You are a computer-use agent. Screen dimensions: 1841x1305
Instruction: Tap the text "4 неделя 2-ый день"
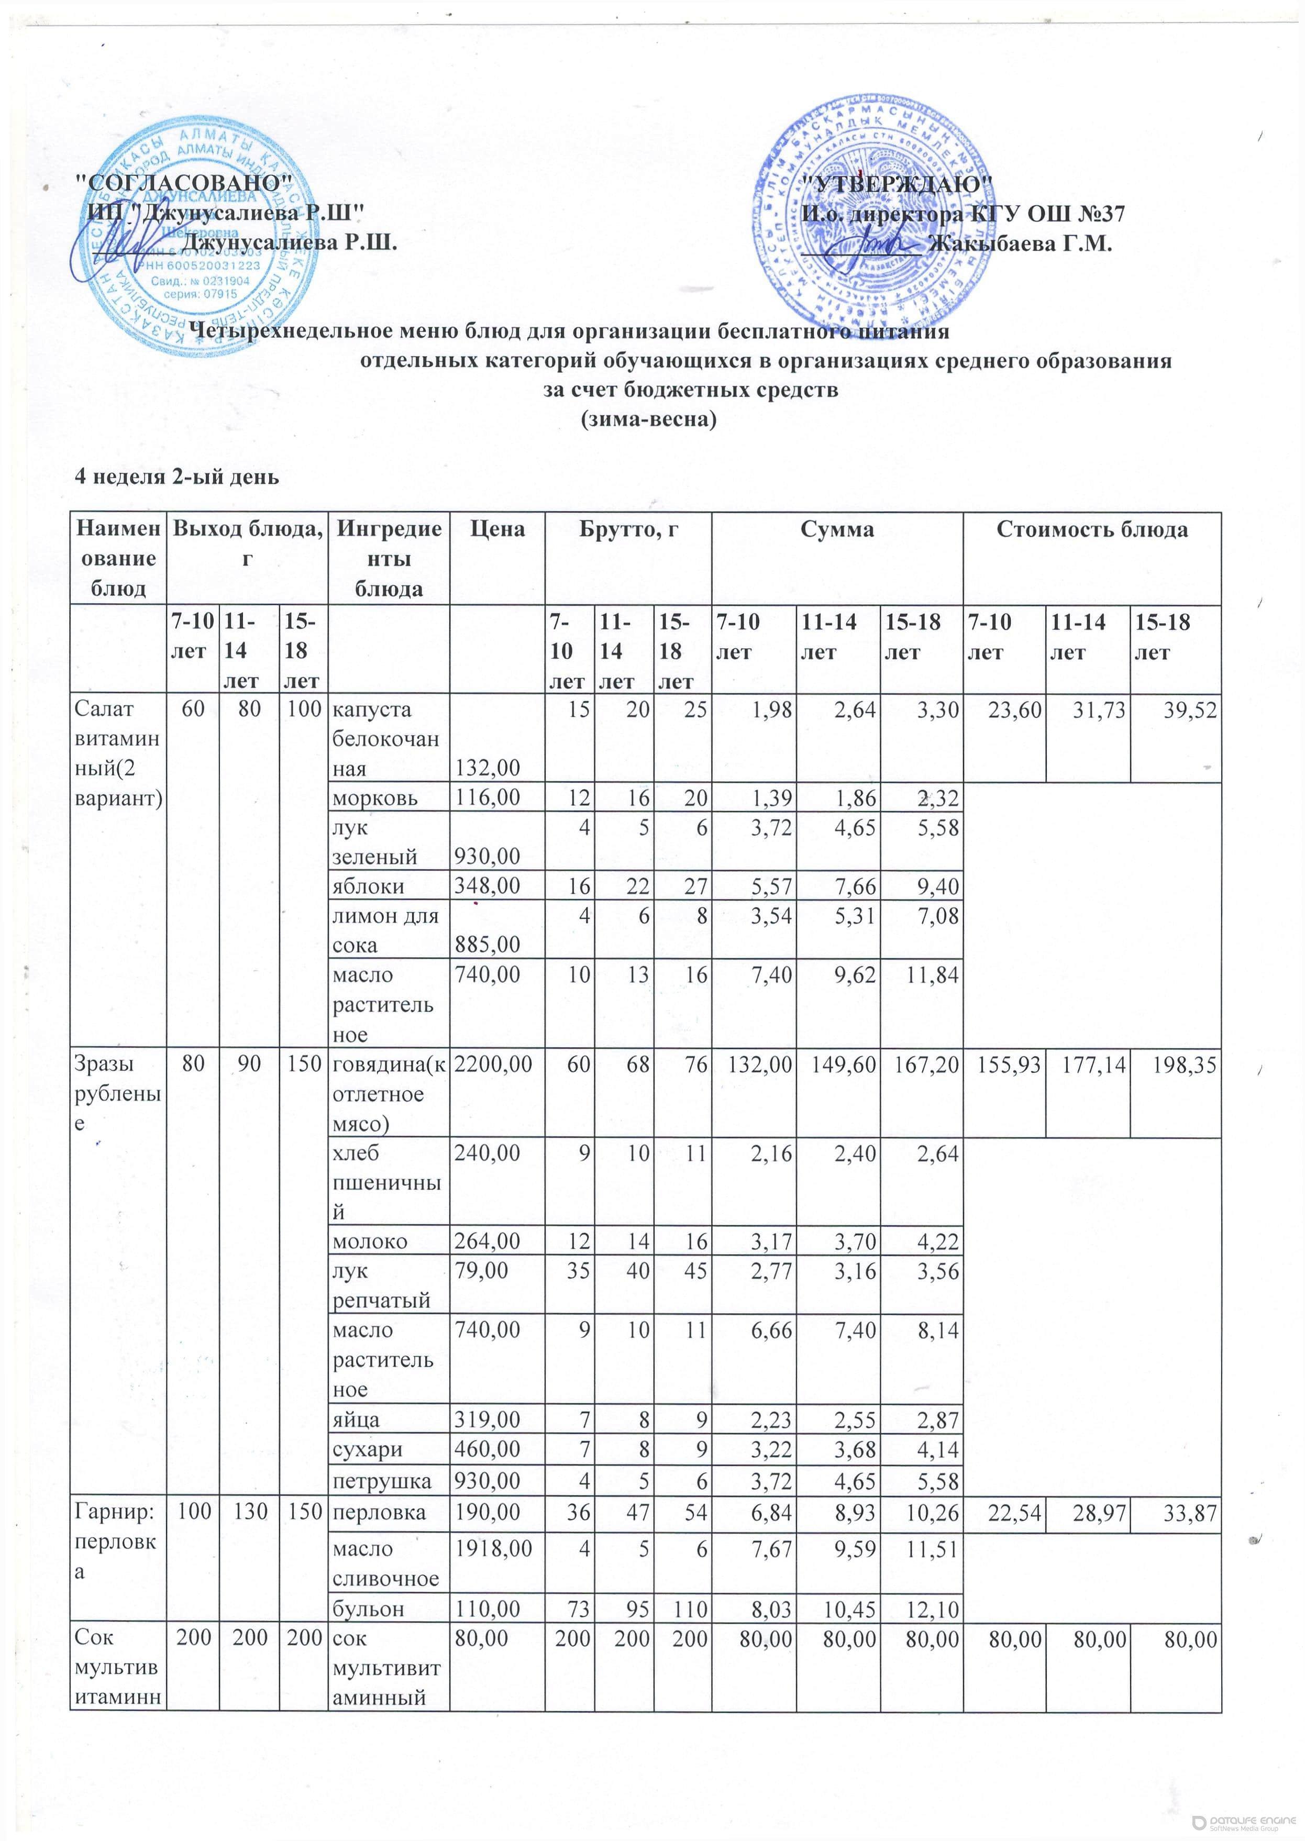click(x=177, y=477)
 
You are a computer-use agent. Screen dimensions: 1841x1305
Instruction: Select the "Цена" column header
click(x=497, y=529)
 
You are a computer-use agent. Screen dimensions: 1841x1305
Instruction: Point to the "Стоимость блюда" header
click(x=1091, y=529)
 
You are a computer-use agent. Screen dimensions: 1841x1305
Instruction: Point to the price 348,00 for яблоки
click(x=488, y=886)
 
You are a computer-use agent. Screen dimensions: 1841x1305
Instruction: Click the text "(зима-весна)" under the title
click(x=648, y=419)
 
